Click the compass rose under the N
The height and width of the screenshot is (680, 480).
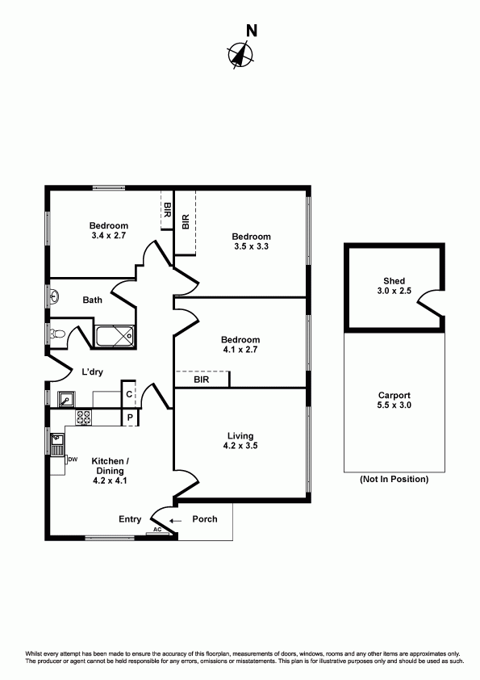(x=241, y=55)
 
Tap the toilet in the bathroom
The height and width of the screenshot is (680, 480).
(x=57, y=334)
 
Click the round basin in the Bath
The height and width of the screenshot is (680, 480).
(x=55, y=296)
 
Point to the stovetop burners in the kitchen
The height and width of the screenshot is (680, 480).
(x=84, y=418)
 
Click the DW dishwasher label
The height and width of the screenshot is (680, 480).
(x=73, y=460)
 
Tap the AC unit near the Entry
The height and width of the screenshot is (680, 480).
(x=157, y=530)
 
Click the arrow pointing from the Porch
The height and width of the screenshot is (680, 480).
(x=175, y=521)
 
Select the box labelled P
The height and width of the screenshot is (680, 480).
(x=130, y=418)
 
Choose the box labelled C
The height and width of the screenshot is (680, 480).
(x=128, y=394)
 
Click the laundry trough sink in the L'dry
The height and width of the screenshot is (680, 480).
(x=66, y=399)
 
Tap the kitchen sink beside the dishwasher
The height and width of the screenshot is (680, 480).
(x=56, y=444)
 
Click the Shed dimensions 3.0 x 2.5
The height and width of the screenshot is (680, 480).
(x=394, y=291)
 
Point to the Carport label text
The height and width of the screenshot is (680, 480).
(x=394, y=395)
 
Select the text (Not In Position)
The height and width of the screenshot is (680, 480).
(x=394, y=479)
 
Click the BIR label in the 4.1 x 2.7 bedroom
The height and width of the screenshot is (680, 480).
(x=202, y=380)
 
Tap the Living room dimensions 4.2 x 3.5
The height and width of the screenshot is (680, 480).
(x=240, y=445)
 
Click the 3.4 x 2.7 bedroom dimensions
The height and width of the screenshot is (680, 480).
(x=109, y=236)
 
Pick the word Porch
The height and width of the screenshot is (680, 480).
(x=205, y=519)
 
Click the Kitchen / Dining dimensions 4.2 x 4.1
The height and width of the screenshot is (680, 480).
(x=110, y=481)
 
